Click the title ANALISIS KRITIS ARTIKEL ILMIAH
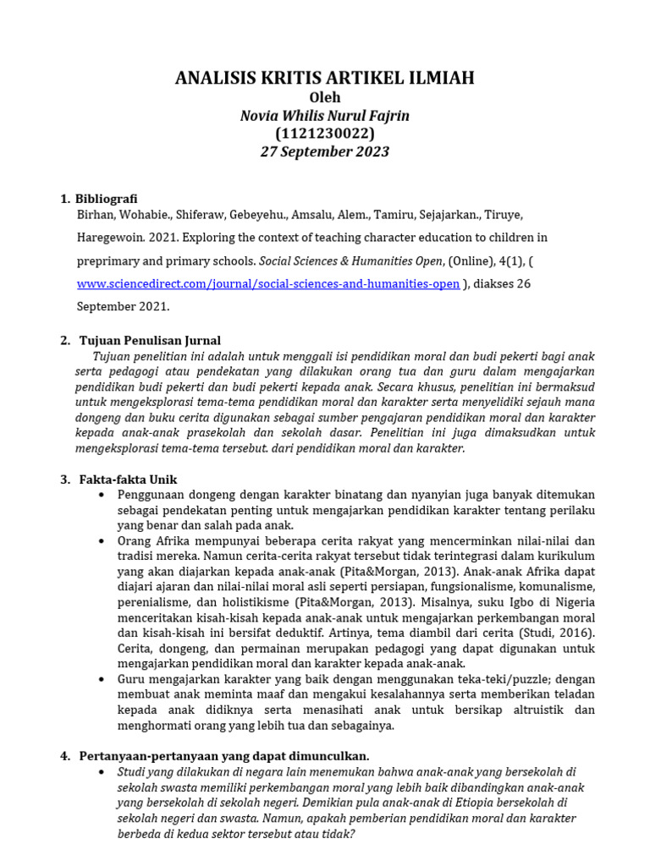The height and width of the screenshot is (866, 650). point(325,79)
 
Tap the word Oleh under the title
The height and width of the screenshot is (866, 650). point(325,98)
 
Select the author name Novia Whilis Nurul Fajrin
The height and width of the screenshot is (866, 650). point(325,116)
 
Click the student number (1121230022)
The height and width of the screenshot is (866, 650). point(325,134)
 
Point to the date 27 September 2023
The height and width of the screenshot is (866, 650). point(325,152)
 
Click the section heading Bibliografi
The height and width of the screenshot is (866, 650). point(107,199)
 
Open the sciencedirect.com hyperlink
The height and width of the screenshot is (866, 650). point(268,284)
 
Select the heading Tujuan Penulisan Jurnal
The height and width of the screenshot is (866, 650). point(150,341)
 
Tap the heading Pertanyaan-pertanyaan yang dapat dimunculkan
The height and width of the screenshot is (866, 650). point(224,755)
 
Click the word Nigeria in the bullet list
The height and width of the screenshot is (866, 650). point(571,602)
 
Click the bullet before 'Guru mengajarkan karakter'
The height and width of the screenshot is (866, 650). point(102,679)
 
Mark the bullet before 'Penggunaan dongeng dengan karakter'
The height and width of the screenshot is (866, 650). point(102,495)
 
